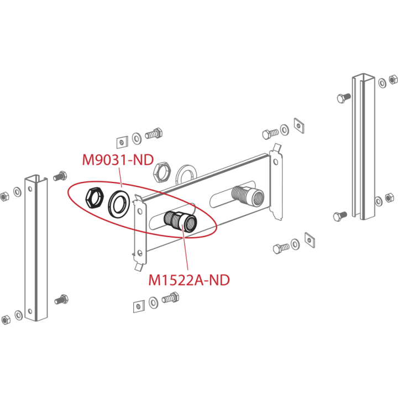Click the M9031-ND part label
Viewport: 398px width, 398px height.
point(118,160)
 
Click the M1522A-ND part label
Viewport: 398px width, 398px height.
point(189,280)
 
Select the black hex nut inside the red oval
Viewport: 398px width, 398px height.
point(94,198)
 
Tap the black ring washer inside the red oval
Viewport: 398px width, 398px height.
point(119,203)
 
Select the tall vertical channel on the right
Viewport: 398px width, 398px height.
point(364,146)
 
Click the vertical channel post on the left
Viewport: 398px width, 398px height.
point(36,248)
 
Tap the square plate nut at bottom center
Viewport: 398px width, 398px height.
point(139,306)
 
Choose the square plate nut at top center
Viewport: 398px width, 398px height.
point(122,142)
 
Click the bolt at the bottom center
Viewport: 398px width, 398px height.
point(170,297)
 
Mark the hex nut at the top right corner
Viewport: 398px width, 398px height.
point(393,80)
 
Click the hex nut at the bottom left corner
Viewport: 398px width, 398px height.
point(6,320)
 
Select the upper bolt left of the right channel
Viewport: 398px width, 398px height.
point(344,98)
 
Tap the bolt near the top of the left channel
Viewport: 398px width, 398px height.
point(60,176)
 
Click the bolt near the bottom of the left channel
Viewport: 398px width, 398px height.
point(61,300)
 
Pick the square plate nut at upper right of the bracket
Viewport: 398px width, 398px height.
point(299,125)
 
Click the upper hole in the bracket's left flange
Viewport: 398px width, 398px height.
point(140,211)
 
